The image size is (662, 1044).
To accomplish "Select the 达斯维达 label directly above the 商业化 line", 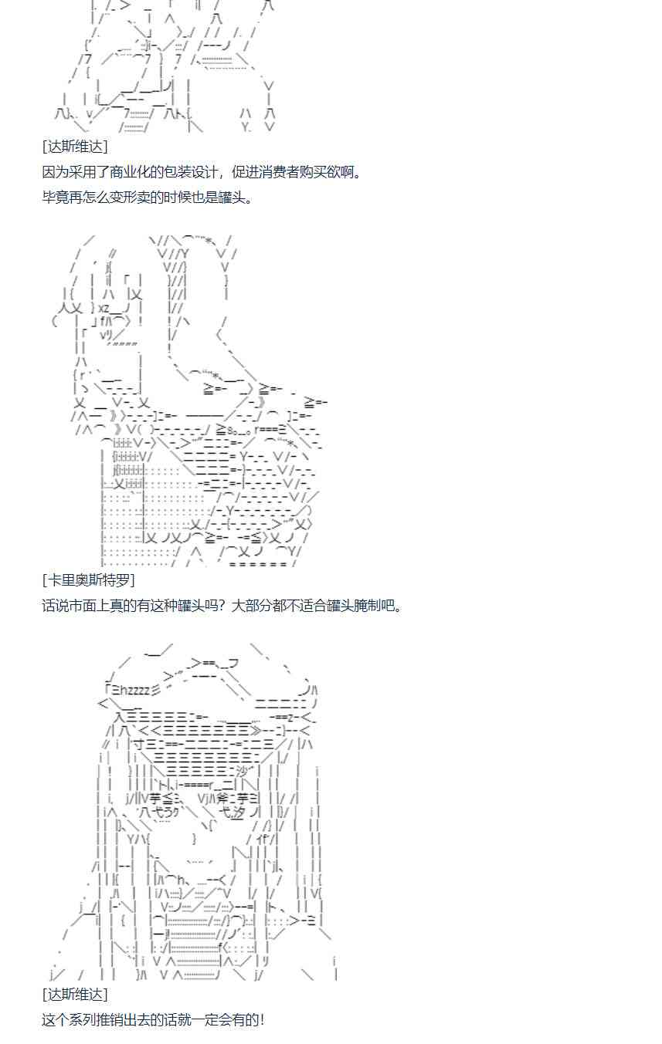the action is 75,147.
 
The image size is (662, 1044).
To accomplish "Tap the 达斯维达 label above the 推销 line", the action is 75,994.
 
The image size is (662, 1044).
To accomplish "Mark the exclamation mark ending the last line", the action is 262,1019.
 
